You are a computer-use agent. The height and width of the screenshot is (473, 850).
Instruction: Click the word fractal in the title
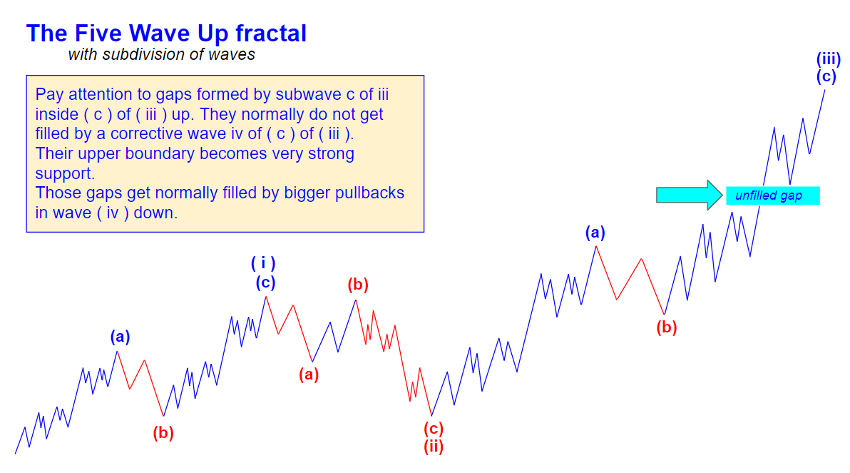[x=270, y=33]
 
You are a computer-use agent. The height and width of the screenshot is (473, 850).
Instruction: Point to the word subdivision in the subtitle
[x=141, y=54]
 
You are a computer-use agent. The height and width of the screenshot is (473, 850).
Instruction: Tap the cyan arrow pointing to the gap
[x=689, y=195]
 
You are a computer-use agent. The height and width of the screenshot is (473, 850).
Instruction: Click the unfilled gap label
[x=769, y=195]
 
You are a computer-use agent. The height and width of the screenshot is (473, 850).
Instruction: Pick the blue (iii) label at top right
[x=829, y=59]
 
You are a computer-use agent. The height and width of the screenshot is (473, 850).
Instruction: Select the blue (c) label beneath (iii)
[x=826, y=76]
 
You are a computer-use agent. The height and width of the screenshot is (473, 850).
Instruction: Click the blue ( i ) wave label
[x=263, y=263]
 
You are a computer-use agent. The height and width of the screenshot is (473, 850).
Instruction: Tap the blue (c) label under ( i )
[x=265, y=283]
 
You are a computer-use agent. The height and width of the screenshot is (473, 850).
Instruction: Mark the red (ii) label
[x=434, y=447]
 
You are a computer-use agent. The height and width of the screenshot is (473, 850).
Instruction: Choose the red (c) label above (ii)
[x=434, y=429]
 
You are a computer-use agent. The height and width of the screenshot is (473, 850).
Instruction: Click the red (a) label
[x=309, y=375]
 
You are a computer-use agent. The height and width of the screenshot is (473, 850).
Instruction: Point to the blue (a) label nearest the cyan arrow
[x=595, y=233]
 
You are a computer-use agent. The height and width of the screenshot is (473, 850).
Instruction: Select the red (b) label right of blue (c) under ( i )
[x=358, y=285]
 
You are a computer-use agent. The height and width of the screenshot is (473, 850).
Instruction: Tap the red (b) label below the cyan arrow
[x=667, y=327]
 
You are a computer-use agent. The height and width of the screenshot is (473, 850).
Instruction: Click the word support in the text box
[x=64, y=174]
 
